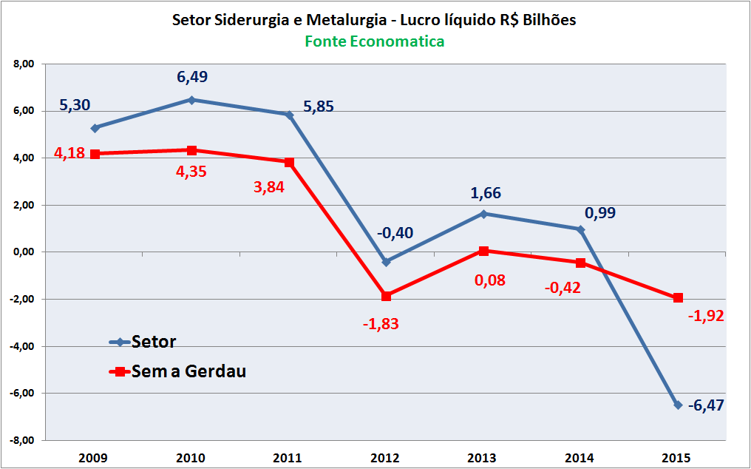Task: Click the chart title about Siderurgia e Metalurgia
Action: coord(374,20)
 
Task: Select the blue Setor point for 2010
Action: coord(191,100)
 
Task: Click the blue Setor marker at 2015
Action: coord(678,405)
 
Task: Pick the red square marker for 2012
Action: coord(386,296)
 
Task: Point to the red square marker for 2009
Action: coord(95,154)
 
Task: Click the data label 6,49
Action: coord(191,77)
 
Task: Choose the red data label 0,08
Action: coord(489,280)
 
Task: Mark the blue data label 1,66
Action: coord(486,194)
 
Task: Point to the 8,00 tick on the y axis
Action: coord(24,64)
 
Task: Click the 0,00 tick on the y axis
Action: coord(24,252)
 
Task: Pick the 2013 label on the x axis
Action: coord(483,458)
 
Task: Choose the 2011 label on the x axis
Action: coord(288,458)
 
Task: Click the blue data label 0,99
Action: coord(600,214)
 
